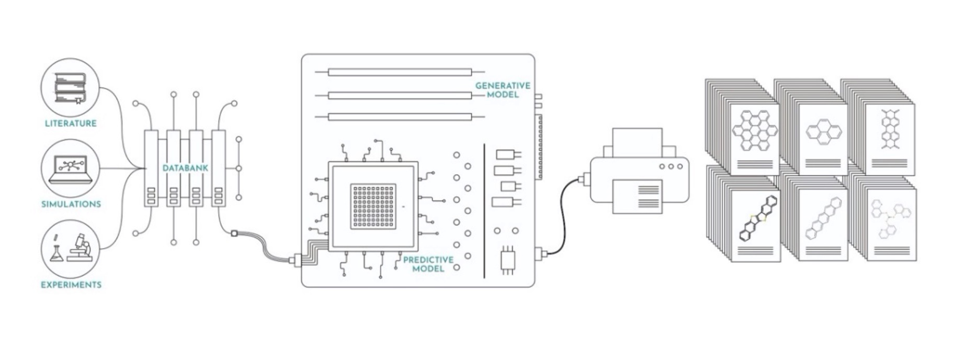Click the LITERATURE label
click(x=71, y=123)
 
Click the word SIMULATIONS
click(x=71, y=204)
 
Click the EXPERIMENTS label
click(x=71, y=285)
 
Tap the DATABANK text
click(x=185, y=168)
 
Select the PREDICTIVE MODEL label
click(x=428, y=264)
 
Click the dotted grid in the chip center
click(x=373, y=207)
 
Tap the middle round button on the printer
click(x=671, y=166)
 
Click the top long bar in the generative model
click(x=400, y=72)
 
